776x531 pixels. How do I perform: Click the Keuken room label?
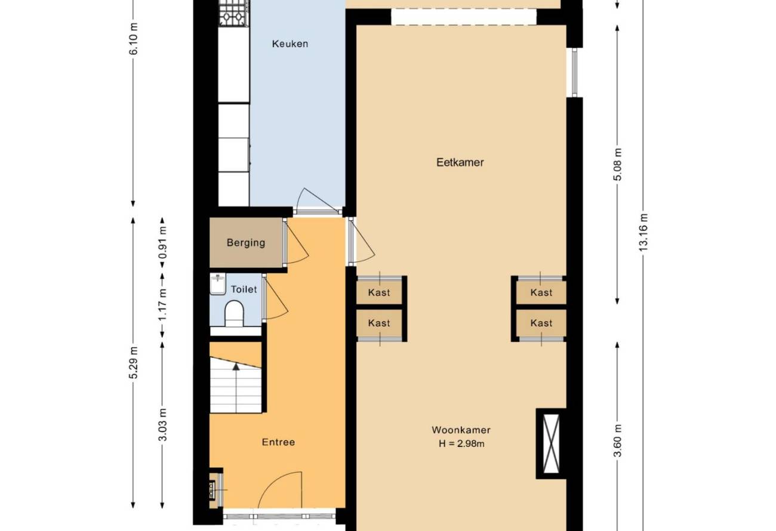pyautogui.click(x=290, y=44)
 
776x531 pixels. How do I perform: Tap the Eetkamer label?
pyautogui.click(x=460, y=162)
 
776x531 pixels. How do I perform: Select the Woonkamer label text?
pyautogui.click(x=461, y=430)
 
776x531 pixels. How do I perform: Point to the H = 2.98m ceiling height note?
pyautogui.click(x=461, y=443)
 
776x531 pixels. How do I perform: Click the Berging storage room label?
pyautogui.click(x=246, y=243)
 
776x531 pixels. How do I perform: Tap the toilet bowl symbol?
pyautogui.click(x=234, y=314)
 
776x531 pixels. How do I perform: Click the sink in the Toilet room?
pyautogui.click(x=218, y=284)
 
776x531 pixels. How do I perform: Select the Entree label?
pyautogui.click(x=278, y=442)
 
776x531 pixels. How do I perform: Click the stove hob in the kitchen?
pyautogui.click(x=234, y=13)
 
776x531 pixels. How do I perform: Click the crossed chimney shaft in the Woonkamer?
pyautogui.click(x=551, y=443)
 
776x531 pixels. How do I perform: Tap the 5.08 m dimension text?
pyautogui.click(x=617, y=164)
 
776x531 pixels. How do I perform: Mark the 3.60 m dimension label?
pyautogui.click(x=617, y=441)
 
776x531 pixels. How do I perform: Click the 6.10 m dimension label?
pyautogui.click(x=133, y=38)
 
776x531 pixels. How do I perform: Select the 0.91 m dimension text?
pyautogui.click(x=162, y=242)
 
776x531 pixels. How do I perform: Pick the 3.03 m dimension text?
pyautogui.click(x=162, y=425)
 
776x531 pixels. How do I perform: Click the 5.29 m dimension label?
pyautogui.click(x=133, y=362)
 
